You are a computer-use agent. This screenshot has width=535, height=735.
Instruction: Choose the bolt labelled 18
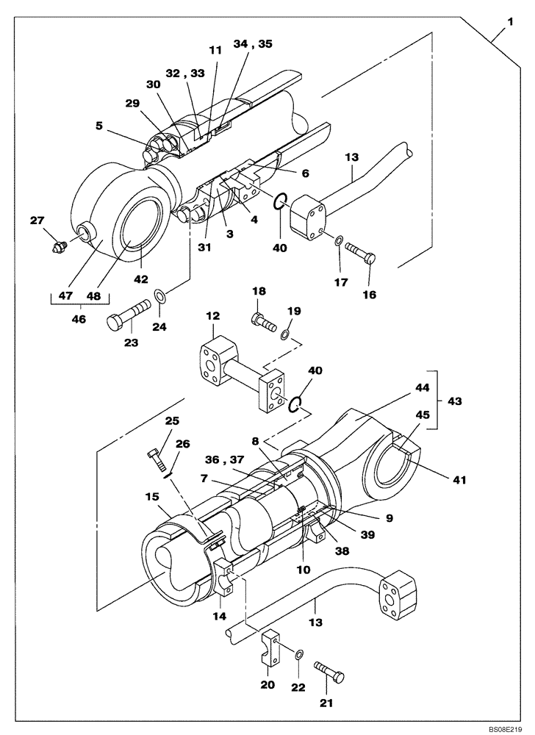click(262, 321)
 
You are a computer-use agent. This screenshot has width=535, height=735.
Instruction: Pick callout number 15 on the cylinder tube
click(152, 498)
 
